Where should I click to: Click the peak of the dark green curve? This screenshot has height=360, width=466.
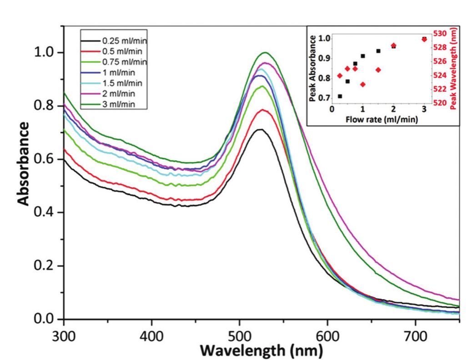pos(264,52)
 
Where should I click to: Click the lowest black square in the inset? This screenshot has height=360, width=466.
pos(340,96)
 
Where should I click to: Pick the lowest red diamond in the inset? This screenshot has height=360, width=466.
pos(363,84)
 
